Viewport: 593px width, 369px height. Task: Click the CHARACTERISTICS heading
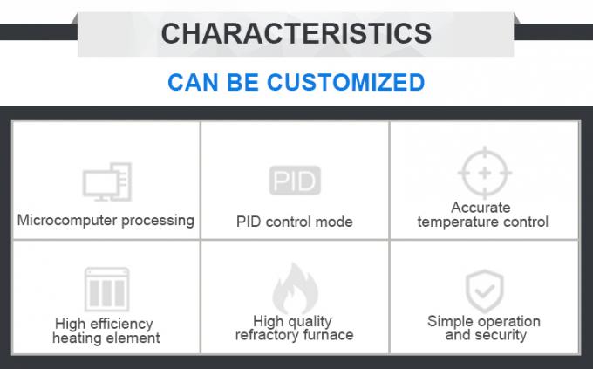[x=296, y=33]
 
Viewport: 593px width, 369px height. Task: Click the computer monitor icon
[x=106, y=181]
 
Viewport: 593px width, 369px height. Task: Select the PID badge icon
[x=295, y=181]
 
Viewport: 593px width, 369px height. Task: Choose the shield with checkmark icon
[x=482, y=286]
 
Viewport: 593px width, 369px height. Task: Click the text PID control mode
[x=295, y=222]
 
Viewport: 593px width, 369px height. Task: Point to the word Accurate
[x=481, y=208]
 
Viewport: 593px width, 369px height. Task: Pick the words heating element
[x=106, y=338]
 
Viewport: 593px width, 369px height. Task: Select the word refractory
[x=268, y=335]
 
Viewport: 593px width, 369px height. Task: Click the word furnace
[x=327, y=335]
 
